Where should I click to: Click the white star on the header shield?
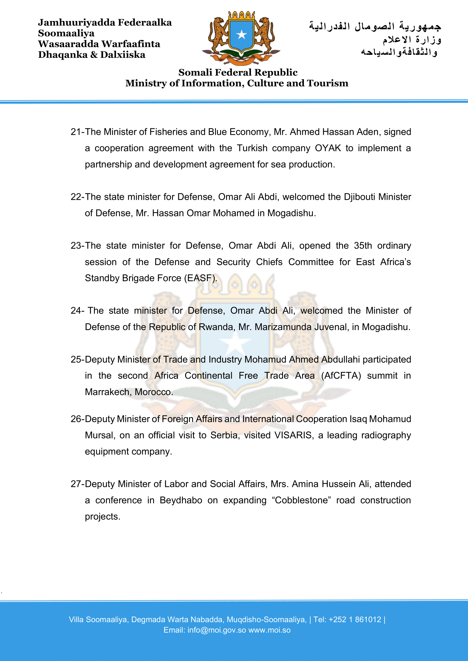coord(241,35)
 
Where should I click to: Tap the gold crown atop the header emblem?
coord(241,15)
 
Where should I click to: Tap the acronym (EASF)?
coord(201,278)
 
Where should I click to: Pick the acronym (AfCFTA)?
coord(341,376)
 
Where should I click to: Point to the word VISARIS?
coord(294,435)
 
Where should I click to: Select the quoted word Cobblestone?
coord(301,500)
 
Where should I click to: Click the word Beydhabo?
coord(181,500)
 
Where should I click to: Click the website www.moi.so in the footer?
coord(269,630)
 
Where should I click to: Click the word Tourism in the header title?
coord(328,83)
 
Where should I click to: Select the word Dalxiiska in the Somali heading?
coord(123,55)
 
